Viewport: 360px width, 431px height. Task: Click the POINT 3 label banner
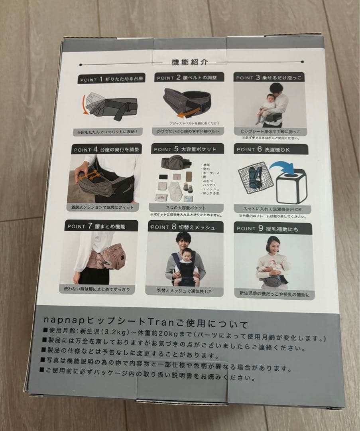click(x=269, y=77)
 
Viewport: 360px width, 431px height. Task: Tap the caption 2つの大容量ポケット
click(x=184, y=208)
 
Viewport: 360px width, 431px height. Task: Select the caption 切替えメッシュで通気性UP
click(x=184, y=291)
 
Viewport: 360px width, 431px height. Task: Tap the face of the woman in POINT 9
click(x=273, y=244)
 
